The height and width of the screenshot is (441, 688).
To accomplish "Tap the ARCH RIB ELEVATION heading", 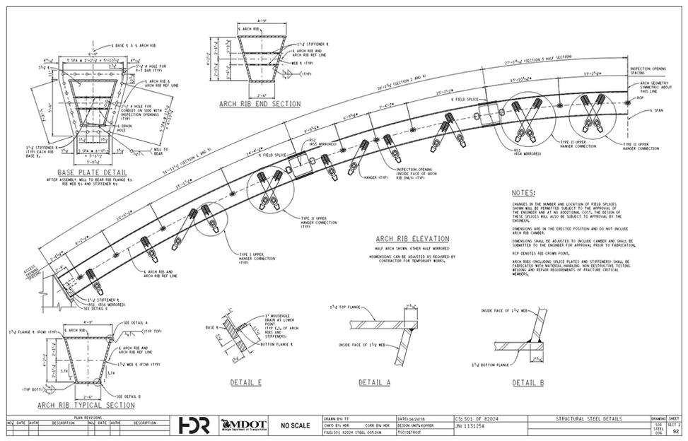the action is pos(414,239).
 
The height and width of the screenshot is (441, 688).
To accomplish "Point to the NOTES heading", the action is pos(523,193).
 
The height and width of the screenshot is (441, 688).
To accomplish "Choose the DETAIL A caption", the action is pos(374,382).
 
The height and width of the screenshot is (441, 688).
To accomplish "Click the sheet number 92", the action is pos(677,430).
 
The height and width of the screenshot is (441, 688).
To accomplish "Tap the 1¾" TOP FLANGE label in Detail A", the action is pos(346,308).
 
